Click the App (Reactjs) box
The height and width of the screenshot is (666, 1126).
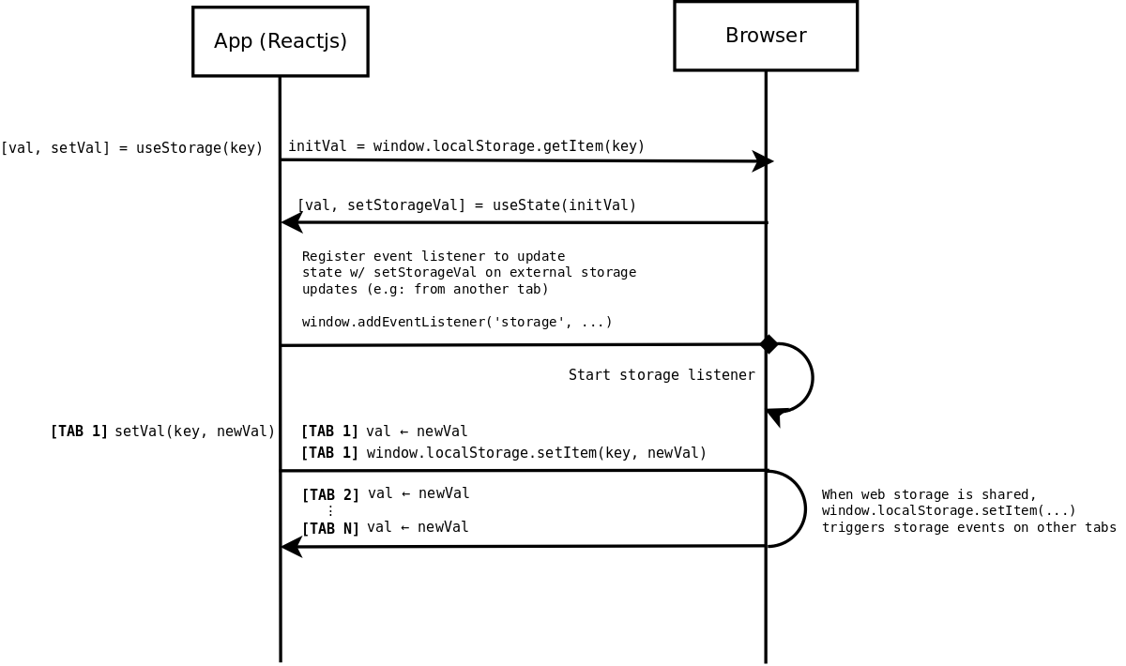(280, 41)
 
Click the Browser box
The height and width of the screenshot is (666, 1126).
(766, 36)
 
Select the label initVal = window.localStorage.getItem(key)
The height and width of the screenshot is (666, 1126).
(466, 146)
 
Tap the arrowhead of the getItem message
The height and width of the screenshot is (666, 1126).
(763, 161)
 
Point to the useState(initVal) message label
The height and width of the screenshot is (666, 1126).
(466, 205)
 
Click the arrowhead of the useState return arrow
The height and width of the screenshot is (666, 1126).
(292, 222)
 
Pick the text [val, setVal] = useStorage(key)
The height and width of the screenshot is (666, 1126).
(131, 148)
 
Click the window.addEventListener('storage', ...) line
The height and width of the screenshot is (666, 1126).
(457, 322)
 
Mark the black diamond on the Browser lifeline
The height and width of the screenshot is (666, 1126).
(768, 344)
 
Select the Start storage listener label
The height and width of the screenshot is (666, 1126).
(662, 375)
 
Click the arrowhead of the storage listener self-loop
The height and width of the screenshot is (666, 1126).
(774, 416)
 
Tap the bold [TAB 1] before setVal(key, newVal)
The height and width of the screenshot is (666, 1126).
(79, 431)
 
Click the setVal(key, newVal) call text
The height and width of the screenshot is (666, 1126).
(194, 431)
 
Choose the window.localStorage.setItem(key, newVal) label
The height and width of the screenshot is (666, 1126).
(536, 453)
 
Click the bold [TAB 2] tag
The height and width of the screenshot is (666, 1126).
(330, 494)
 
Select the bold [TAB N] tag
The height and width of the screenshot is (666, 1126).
(330, 528)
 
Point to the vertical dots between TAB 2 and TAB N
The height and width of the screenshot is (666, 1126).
(330, 511)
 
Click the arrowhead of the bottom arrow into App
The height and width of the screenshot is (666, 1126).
(292, 546)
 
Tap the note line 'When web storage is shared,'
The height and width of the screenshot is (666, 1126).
(929, 495)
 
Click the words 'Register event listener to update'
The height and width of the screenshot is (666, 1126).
(434, 256)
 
